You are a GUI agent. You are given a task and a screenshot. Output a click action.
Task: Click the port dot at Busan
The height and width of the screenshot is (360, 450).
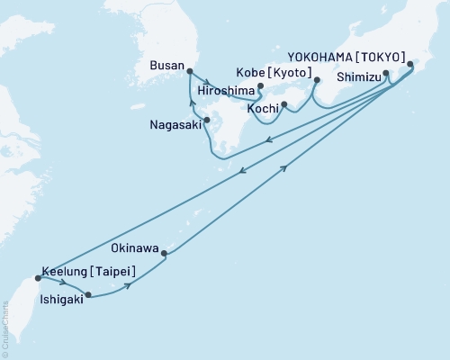[x=189, y=70]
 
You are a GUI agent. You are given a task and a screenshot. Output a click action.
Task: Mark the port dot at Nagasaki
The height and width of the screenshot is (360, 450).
[x=206, y=120]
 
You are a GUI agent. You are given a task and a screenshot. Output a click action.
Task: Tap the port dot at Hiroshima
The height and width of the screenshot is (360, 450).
[x=260, y=87]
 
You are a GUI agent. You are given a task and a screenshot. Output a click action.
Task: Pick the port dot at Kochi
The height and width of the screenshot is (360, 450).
[x=283, y=105]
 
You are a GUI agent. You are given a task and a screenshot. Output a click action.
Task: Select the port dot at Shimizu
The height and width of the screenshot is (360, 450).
[x=386, y=74]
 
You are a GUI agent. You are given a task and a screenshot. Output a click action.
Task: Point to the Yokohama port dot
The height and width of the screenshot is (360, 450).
[x=411, y=64]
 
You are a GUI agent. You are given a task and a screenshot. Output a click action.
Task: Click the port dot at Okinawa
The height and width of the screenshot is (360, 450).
[x=164, y=254]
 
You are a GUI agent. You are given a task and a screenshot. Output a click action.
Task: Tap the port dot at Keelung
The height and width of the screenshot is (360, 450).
[x=36, y=277]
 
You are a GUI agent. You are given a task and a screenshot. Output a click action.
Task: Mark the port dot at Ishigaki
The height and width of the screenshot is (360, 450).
[x=87, y=294]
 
